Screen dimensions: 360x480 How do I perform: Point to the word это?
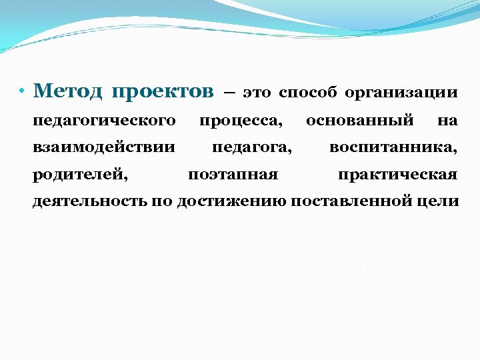[257, 93]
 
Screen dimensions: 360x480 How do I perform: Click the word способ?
[307, 93]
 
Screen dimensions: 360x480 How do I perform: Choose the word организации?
[401, 93]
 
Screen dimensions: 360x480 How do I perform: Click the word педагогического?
[104, 121]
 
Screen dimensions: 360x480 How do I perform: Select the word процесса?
[240, 121]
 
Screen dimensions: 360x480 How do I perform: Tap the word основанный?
[360, 121]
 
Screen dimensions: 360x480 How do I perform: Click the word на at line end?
[447, 121]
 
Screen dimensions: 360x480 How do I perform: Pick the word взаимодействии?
[104, 147]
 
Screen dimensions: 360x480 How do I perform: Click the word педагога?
[251, 147]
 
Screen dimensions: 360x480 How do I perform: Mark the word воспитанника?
[393, 147]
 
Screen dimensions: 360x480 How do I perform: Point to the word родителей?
[81, 175]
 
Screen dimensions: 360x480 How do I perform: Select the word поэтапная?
[233, 175]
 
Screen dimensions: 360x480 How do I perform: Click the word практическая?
[397, 175]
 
